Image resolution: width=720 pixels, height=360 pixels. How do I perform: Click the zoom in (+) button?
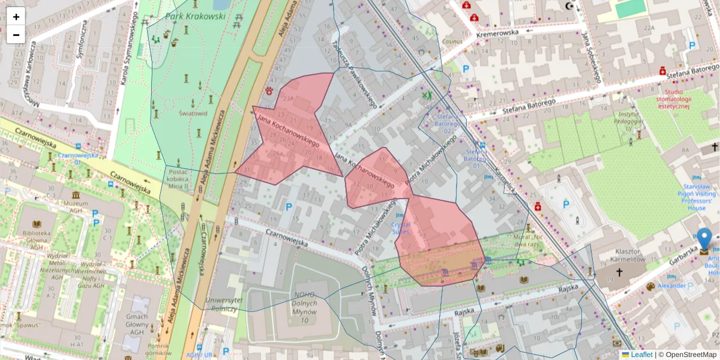[x=16, y=17]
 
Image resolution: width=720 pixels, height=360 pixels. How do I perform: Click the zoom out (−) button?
[x=16, y=35]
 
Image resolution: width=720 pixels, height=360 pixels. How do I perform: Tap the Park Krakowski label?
[x=196, y=16]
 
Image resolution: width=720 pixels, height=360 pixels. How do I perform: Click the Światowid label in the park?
[x=193, y=113]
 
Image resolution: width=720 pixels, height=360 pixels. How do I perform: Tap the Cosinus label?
[x=452, y=42]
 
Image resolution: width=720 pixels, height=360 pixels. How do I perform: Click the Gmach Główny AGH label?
[x=137, y=322]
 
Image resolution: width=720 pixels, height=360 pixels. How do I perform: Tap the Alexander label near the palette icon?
[x=671, y=286]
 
